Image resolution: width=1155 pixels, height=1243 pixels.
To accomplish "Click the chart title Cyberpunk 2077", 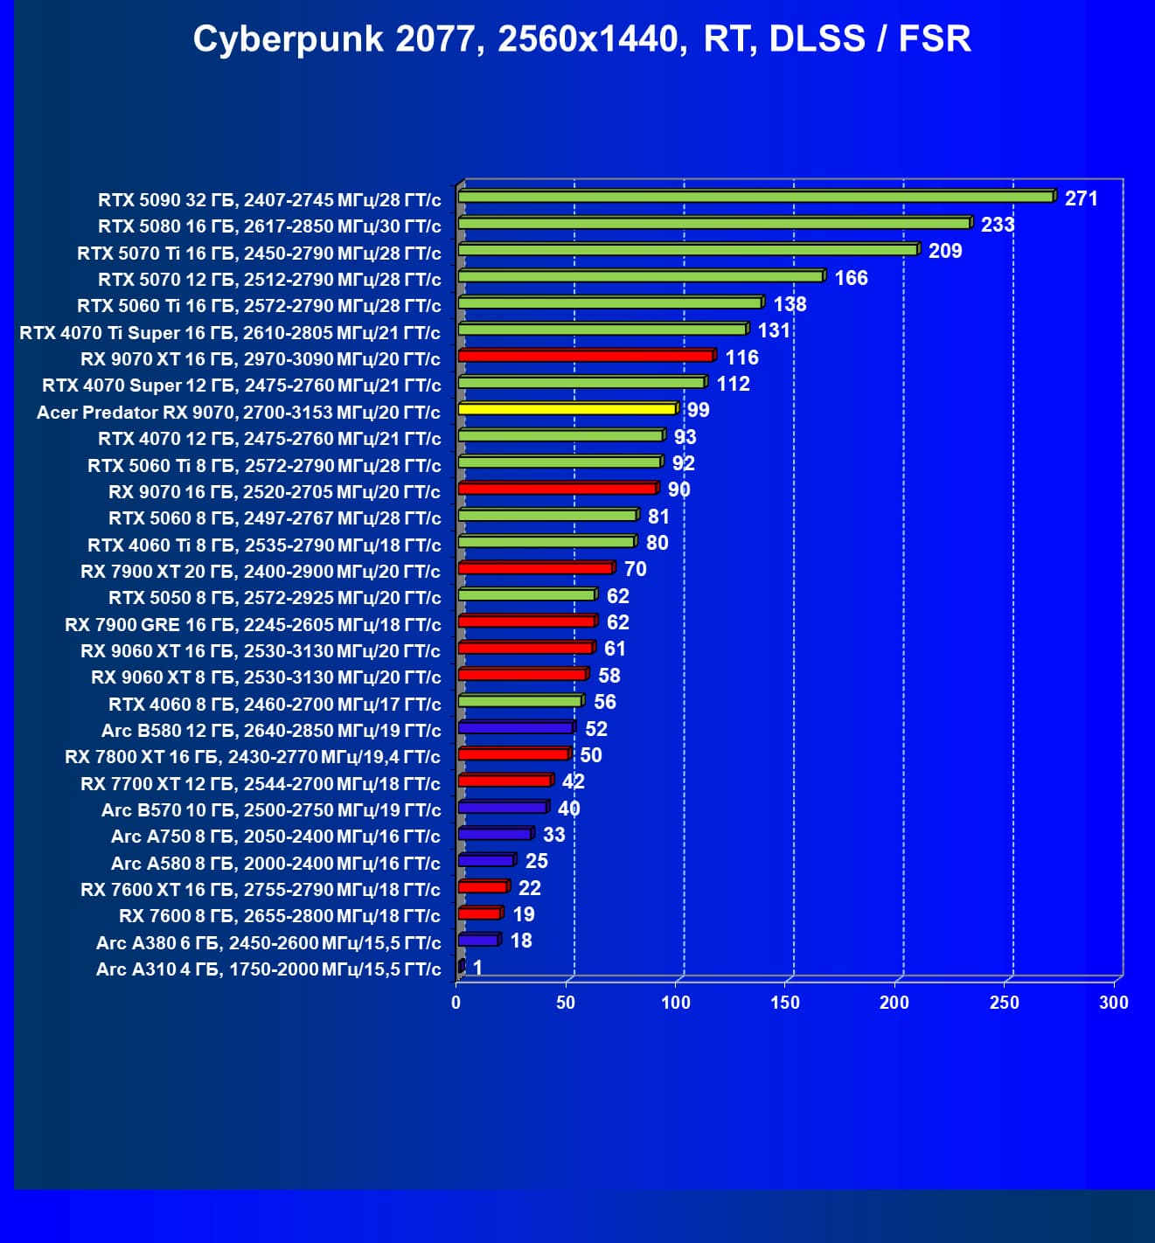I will [x=581, y=39].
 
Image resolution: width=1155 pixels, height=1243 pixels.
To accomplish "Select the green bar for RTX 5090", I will [x=756, y=197].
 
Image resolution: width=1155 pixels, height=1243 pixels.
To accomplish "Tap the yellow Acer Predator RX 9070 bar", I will [x=567, y=409].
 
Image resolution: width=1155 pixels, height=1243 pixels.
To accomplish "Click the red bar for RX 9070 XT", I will [x=586, y=356].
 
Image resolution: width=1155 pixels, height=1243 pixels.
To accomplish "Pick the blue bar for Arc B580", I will [x=516, y=727].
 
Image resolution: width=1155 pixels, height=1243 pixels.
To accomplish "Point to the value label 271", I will [x=1081, y=198].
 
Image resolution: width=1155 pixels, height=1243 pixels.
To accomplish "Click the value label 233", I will [x=997, y=225].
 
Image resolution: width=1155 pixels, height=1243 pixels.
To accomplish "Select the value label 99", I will [x=698, y=410].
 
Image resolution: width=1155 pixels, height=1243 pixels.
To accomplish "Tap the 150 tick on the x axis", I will [x=785, y=1003].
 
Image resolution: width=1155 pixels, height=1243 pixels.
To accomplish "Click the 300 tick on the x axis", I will [x=1113, y=1003].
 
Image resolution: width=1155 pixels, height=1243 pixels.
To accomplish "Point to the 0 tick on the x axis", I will [x=456, y=1003].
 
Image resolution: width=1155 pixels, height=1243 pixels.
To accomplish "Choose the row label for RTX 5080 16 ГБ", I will [x=269, y=226].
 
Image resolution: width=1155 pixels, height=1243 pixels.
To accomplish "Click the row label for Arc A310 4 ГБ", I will [x=268, y=969].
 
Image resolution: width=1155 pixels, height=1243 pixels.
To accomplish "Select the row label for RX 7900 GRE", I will [x=253, y=625].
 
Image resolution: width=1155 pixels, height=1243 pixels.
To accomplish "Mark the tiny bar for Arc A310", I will [x=461, y=966].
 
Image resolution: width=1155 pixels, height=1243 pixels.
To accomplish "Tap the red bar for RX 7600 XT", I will [x=483, y=886].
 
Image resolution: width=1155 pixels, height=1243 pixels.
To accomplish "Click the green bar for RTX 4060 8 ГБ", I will [x=520, y=701].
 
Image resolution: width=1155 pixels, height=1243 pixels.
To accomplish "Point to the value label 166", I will [x=851, y=278].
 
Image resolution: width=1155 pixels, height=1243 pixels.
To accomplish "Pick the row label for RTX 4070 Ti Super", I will [x=230, y=333].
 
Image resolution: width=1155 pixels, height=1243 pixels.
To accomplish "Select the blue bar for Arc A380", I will [x=478, y=940].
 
